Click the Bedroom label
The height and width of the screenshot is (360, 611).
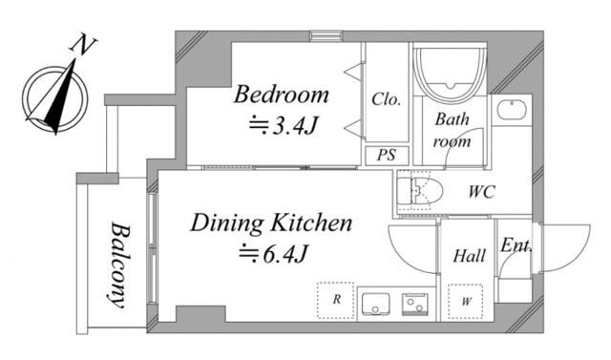pos(281,95)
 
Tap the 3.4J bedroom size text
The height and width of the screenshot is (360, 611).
pos(284,125)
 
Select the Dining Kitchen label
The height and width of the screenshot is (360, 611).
pos(271,223)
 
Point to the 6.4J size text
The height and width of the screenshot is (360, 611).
pos(274,254)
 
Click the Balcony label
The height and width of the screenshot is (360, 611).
pos(119,265)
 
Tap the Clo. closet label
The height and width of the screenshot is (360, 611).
pos(386,99)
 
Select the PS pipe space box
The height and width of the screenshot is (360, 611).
pos(387,155)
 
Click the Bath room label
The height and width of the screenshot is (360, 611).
pos(452,130)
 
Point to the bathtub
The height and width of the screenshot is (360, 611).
pos(450,74)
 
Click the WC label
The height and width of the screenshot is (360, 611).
pos(481,192)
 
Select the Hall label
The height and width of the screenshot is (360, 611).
pos(469,256)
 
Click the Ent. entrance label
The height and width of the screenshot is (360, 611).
pos(516,245)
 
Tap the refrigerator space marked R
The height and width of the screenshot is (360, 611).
pos(335,300)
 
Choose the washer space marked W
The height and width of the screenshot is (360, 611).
pos(466,301)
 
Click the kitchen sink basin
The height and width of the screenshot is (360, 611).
pos(375,304)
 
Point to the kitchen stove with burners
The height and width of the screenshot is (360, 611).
pos(415,304)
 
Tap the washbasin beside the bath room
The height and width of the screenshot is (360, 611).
pos(512,110)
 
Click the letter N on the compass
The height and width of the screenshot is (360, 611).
pos(83,44)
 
